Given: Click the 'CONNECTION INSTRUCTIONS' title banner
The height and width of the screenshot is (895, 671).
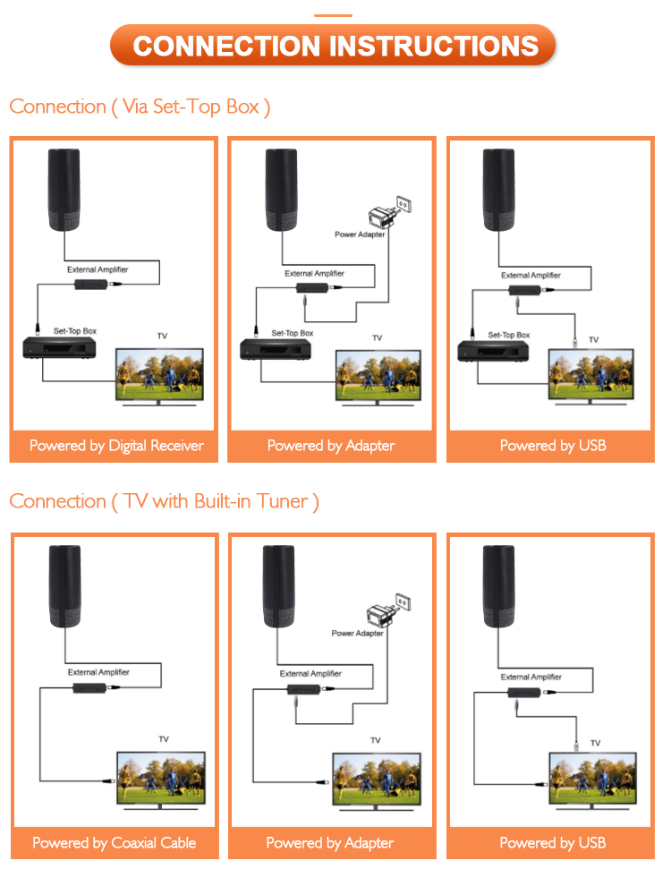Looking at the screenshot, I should coord(335,46).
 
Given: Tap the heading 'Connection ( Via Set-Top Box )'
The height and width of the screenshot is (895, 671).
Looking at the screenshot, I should coord(140,107).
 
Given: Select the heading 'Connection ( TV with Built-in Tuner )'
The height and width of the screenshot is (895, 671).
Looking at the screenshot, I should coord(164,501).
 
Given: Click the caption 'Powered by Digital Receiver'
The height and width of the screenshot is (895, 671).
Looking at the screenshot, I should coord(116,446).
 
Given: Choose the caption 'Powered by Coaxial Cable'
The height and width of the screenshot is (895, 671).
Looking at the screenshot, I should coord(115,843).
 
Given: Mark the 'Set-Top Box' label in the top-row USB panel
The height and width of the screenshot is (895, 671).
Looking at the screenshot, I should coord(509,335).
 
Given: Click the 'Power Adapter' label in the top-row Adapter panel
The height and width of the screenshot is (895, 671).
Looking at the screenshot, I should coord(360,234).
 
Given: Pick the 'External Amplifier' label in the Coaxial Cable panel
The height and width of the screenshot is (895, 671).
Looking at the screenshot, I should coord(98,672).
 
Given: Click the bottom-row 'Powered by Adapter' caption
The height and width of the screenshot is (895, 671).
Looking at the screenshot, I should coord(331,843).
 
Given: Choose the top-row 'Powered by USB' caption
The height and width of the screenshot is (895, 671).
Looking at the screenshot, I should coord(552,446).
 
